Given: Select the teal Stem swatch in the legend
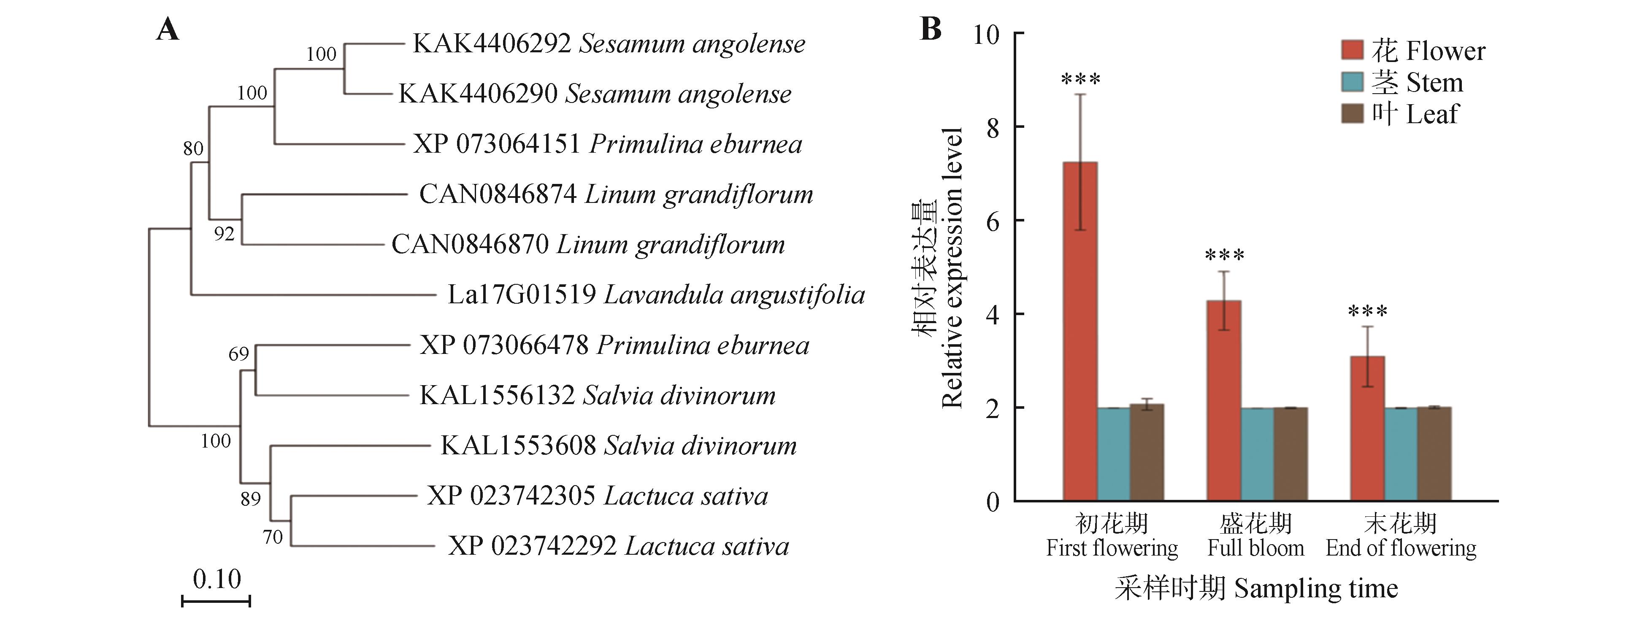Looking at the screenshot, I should pyautogui.click(x=1352, y=82).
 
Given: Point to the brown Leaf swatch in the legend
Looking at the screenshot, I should pyautogui.click(x=1352, y=113).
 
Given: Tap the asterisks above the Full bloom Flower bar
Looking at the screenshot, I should pyautogui.click(x=1224, y=256).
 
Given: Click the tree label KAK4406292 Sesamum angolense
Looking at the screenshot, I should pyautogui.click(x=609, y=43).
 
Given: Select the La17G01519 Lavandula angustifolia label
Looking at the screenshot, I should pyautogui.click(x=656, y=295).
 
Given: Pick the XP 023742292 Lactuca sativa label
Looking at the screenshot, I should pyautogui.click(x=618, y=546).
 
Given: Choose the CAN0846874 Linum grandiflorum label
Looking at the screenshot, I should pyautogui.click(x=616, y=194).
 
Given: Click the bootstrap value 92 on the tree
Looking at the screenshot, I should pyautogui.click(x=224, y=234).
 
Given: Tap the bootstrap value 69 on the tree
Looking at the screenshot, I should pyautogui.click(x=239, y=354).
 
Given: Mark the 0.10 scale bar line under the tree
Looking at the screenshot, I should pyautogui.click(x=216, y=601).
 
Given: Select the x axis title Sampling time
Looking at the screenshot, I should pyautogui.click(x=1256, y=588).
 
